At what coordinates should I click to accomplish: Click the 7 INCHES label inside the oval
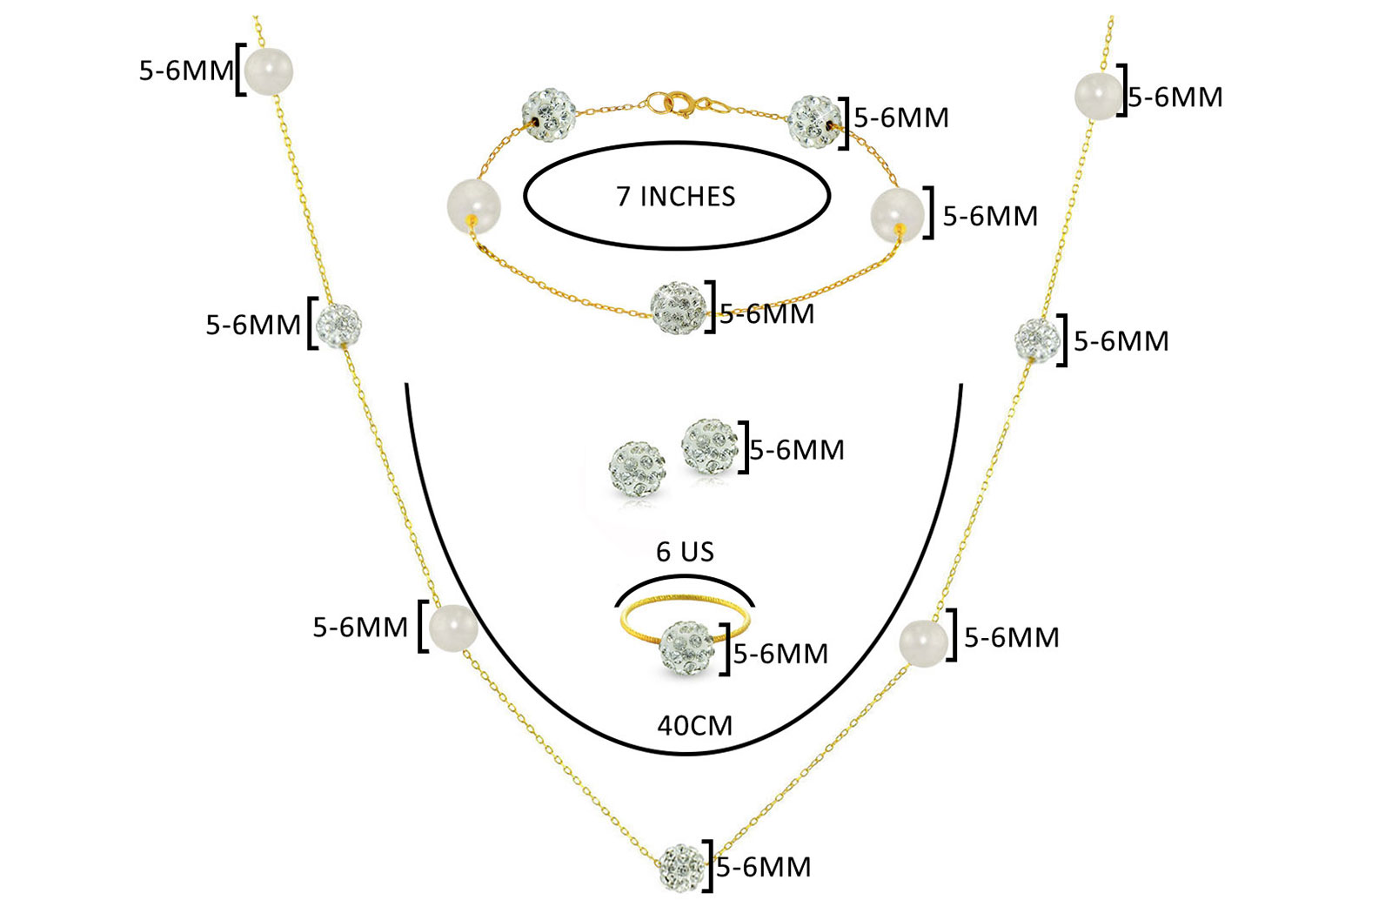pyautogui.click(x=675, y=197)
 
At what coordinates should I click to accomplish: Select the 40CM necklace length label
pyautogui.click(x=695, y=725)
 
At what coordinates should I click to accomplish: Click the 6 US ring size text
pyautogui.click(x=685, y=552)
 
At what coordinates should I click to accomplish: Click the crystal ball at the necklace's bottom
pyautogui.click(x=682, y=867)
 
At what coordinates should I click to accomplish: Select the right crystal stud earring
pyautogui.click(x=709, y=447)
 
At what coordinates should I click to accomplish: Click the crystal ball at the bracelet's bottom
pyautogui.click(x=679, y=308)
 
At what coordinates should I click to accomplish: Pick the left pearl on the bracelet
pyautogui.click(x=473, y=207)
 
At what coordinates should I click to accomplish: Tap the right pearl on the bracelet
pyautogui.click(x=897, y=214)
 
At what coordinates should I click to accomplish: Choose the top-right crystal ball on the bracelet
pyautogui.click(x=815, y=122)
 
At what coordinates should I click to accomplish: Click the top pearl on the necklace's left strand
pyautogui.click(x=269, y=71)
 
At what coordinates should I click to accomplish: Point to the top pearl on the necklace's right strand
pyautogui.click(x=1098, y=97)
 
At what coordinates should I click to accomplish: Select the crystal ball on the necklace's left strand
pyautogui.click(x=338, y=326)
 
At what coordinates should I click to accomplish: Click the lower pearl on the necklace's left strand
pyautogui.click(x=452, y=628)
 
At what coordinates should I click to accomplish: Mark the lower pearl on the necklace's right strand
pyautogui.click(x=923, y=643)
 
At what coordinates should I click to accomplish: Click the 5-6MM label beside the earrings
pyautogui.click(x=797, y=449)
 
